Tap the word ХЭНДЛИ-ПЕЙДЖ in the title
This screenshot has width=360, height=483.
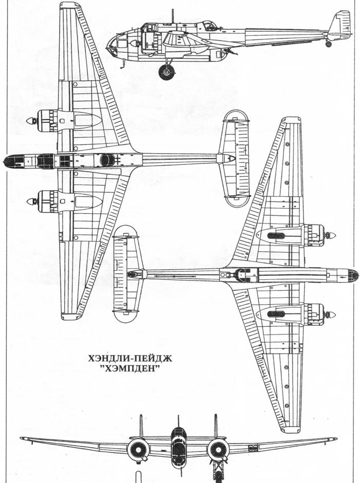coord(130,358)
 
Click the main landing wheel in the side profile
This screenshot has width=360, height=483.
coord(167,72)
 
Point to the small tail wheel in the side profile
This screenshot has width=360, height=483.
coord(329,44)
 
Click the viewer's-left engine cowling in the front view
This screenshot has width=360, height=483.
coord(138,450)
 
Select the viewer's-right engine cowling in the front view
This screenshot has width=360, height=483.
coord(218,450)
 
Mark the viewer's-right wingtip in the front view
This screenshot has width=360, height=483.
coord(334,439)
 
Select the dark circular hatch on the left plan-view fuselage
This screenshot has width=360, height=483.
coord(107,160)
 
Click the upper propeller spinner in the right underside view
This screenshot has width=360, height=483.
coord(331,236)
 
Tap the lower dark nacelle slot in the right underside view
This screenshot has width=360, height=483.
coord(276,314)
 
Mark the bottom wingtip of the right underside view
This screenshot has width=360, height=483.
coord(291,429)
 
